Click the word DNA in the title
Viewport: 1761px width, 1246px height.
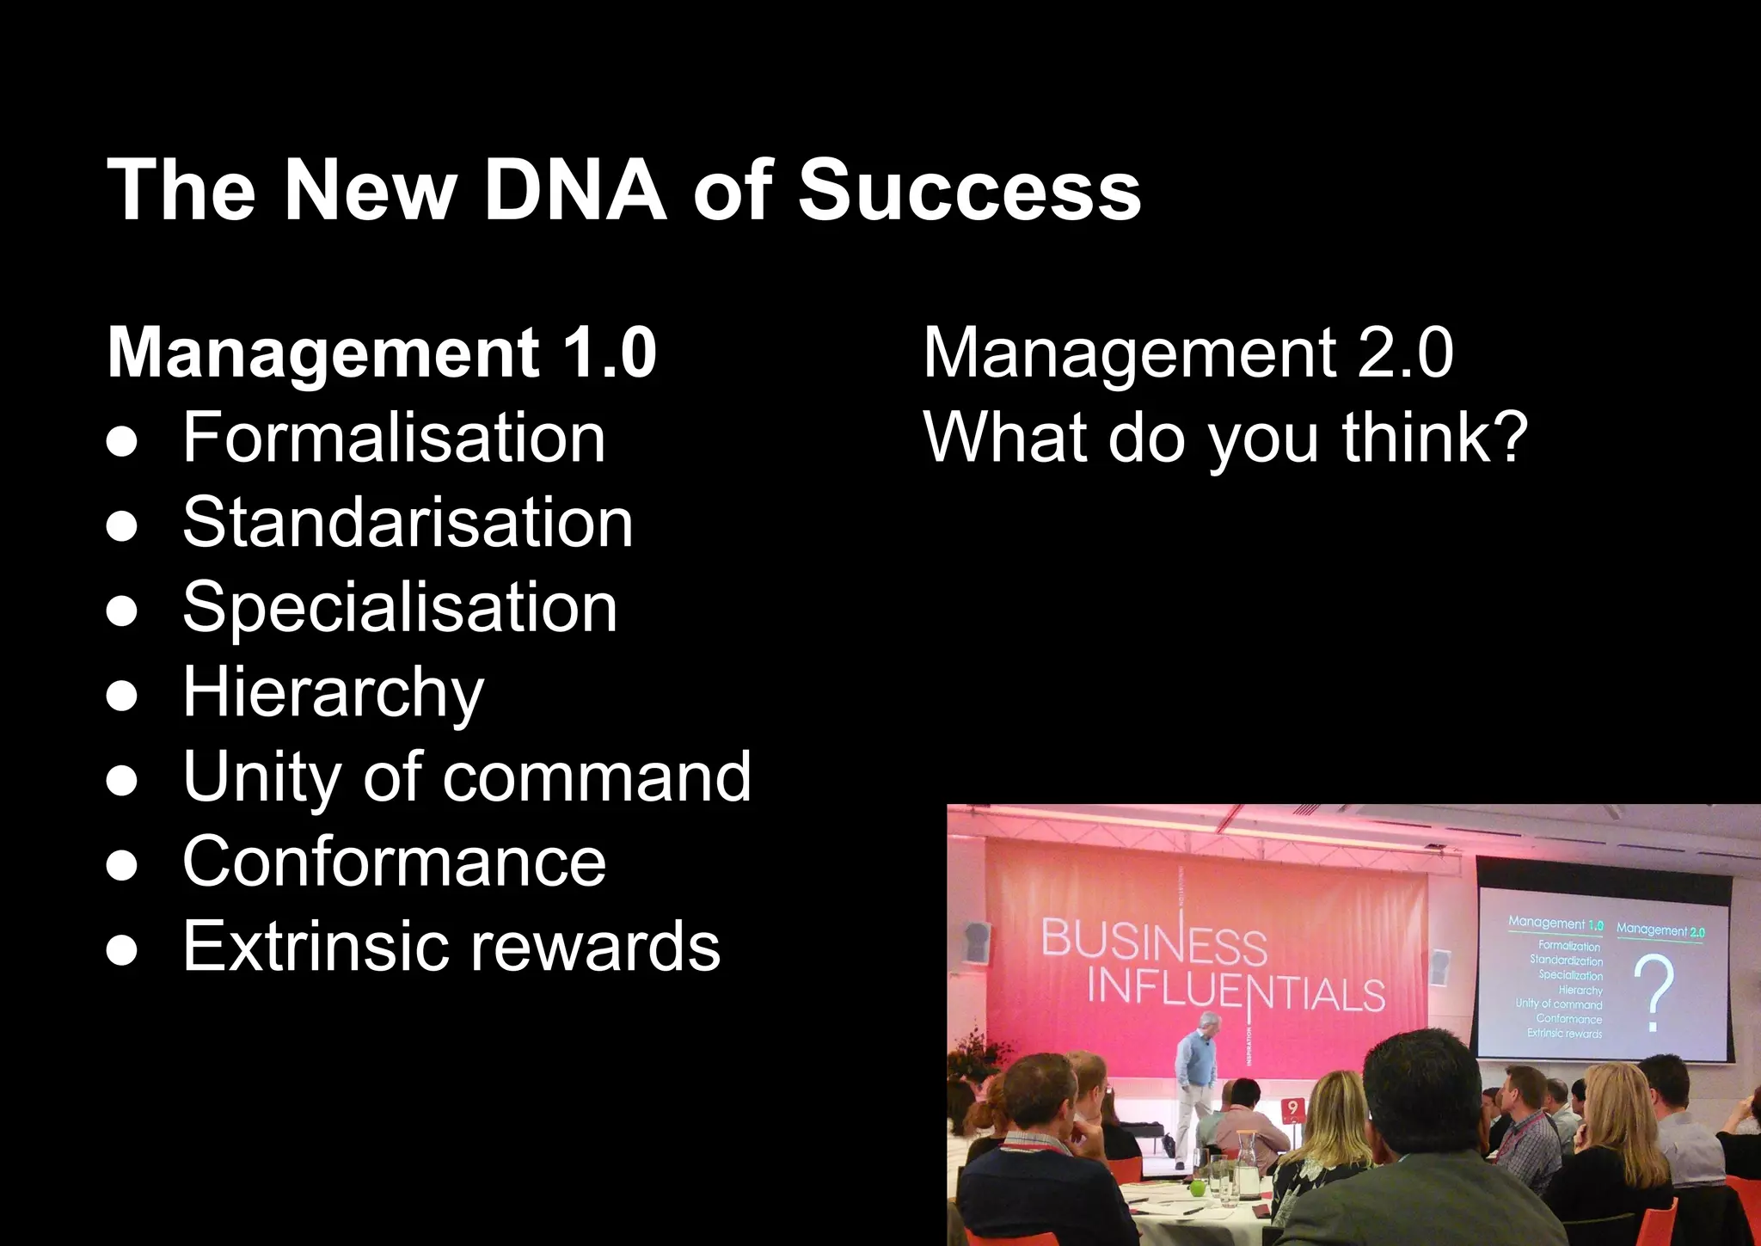(x=574, y=190)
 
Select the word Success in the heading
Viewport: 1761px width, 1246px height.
(x=969, y=190)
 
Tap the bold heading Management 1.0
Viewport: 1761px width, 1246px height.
(x=382, y=353)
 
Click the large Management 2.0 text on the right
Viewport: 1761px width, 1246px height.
(x=1187, y=353)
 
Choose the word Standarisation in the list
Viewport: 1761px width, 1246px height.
(x=408, y=522)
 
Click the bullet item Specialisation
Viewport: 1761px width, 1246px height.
(x=400, y=607)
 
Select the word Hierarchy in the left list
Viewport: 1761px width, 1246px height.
(x=334, y=692)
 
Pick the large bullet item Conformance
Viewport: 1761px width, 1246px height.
(x=394, y=862)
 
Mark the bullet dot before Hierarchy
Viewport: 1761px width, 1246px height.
(x=122, y=695)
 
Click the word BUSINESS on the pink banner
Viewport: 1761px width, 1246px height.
(x=1154, y=942)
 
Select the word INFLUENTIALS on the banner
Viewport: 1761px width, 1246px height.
(x=1236, y=991)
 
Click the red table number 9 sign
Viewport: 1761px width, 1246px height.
(x=1292, y=1109)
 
